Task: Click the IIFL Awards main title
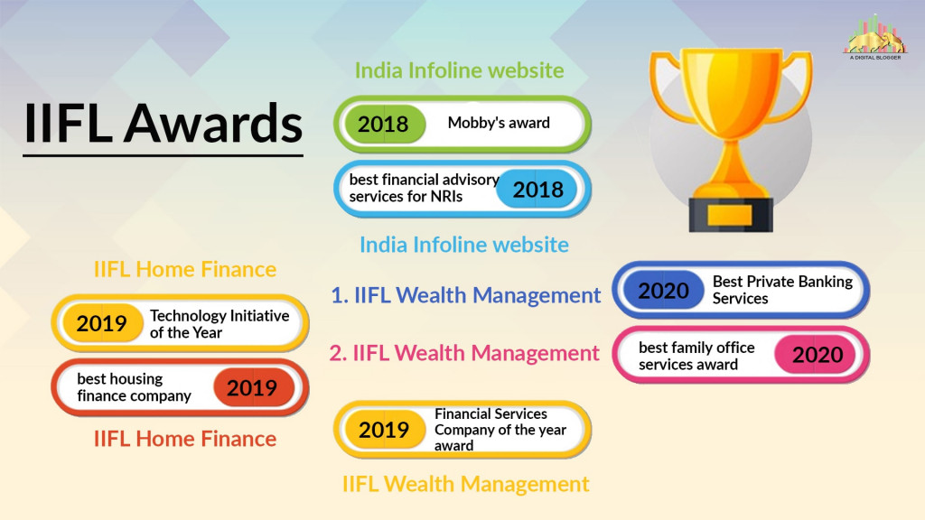(163, 124)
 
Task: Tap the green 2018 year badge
(383, 124)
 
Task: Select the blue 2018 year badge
(537, 189)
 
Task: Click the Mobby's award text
(499, 123)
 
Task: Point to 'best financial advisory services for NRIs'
(423, 188)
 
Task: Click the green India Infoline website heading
(459, 70)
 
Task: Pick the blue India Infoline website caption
(464, 245)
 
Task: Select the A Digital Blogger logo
(874, 36)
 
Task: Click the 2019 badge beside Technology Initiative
(102, 323)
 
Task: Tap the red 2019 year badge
(252, 388)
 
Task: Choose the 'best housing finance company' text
(134, 387)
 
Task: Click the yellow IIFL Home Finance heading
(185, 269)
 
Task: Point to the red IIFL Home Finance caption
(185, 440)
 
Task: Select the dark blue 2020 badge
(664, 291)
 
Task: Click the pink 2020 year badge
(818, 355)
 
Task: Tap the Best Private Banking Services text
(782, 290)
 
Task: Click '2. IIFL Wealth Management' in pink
(464, 353)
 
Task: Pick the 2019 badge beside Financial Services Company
(384, 430)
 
